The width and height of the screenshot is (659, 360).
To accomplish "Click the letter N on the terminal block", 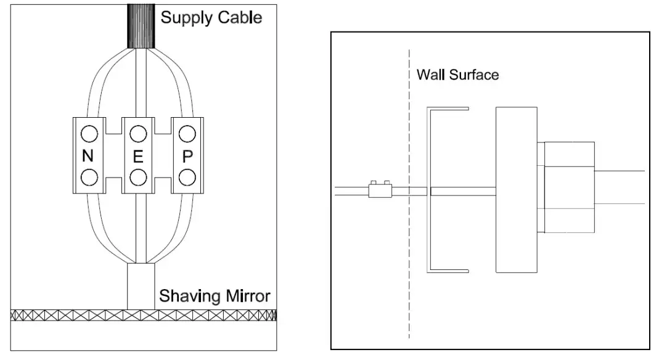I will pos(88,157).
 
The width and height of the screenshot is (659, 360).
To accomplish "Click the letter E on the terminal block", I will pos(138,157).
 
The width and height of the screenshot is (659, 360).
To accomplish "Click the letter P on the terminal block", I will pos(187,157).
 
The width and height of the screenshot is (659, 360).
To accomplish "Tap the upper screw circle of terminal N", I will pos(88,133).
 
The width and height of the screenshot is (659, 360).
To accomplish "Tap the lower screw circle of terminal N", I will pos(88,178).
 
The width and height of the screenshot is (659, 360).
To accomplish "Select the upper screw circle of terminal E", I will pos(138,133).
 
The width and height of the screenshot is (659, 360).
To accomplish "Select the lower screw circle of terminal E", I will pos(138,178).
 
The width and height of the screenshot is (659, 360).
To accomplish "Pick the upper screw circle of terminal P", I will pos(187,133).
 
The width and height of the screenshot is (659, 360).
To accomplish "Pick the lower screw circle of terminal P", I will pos(187,178).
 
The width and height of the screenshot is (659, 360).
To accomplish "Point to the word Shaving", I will pos(187,296).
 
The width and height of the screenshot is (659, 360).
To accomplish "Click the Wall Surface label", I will pos(457,75).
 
